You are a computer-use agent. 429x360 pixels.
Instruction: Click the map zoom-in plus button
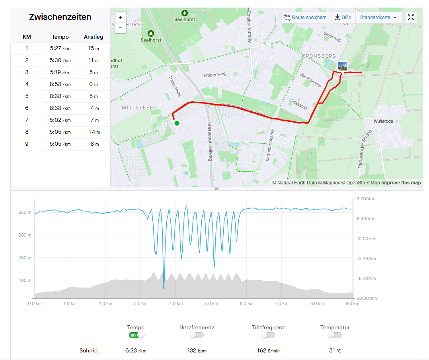tap(121, 18)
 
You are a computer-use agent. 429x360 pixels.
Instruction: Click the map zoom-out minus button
tap(121, 28)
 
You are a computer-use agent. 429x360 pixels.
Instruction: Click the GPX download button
tap(343, 18)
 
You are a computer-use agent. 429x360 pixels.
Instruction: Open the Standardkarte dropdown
tap(378, 18)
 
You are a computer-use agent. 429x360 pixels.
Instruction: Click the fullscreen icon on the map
tap(411, 18)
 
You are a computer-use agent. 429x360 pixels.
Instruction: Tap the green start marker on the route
tap(177, 123)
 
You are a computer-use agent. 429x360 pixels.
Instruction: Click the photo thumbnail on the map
tap(342, 66)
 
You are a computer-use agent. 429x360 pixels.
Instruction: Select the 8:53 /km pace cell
tap(60, 84)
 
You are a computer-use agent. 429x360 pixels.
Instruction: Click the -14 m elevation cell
tap(94, 132)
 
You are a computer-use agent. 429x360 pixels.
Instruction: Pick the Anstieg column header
tap(94, 37)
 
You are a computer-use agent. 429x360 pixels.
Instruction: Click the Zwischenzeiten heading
tap(60, 17)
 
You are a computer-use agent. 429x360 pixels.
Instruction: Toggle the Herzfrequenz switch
tap(197, 335)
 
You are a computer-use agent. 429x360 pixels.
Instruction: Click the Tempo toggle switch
tap(136, 335)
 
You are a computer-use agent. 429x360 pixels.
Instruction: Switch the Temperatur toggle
tap(335, 335)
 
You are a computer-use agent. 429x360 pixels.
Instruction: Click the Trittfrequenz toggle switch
tap(268, 335)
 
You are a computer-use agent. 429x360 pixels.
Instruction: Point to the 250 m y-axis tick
tap(25, 212)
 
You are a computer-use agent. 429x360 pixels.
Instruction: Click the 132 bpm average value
tap(197, 351)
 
